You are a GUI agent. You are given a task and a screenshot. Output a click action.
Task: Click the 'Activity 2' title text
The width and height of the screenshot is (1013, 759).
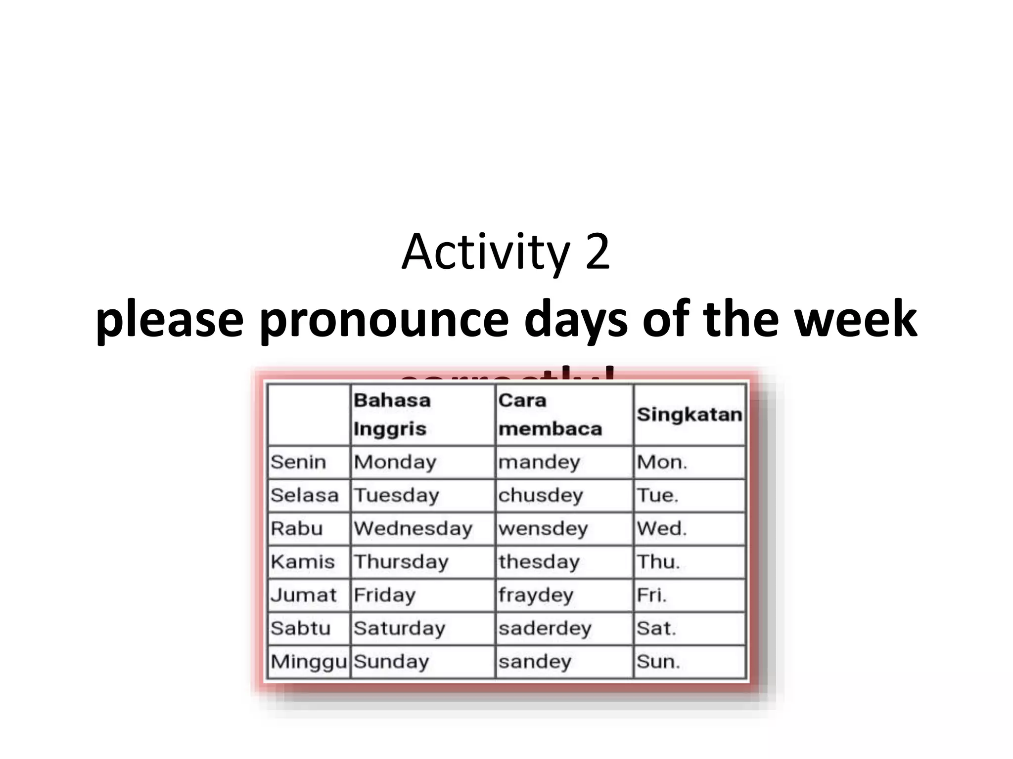pos(506,253)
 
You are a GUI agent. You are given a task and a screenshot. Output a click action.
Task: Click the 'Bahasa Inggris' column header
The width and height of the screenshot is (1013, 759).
pos(392,414)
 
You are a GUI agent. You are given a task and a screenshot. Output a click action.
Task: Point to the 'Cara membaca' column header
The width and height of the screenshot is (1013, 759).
pos(550,414)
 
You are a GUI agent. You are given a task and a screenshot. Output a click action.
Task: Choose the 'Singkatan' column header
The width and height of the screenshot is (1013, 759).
pos(689,415)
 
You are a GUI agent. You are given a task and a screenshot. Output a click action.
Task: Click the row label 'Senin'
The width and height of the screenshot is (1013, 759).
pos(298,463)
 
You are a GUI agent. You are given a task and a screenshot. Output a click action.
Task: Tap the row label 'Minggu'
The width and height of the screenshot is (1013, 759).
pos(309,662)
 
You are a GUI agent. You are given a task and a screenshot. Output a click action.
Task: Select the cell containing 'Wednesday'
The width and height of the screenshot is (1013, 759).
pos(413,529)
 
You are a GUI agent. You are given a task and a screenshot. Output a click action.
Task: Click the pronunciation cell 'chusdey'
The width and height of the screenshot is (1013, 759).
pos(540,496)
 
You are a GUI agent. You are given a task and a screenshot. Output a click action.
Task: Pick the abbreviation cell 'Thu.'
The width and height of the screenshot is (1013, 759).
pos(658,562)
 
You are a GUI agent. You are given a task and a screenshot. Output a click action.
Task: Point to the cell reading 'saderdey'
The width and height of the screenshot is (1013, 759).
pos(545,629)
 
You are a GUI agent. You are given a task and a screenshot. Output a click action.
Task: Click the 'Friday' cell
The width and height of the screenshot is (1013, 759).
pos(384,595)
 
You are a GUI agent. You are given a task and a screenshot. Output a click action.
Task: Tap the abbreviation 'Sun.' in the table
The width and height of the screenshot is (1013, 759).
pos(658,662)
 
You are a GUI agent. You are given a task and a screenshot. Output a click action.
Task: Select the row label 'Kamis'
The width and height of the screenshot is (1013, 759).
pos(303,562)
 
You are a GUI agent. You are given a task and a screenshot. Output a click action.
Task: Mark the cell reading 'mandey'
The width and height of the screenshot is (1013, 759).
pos(539,463)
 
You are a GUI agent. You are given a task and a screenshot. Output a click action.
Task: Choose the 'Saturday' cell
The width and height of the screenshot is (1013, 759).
pos(399,629)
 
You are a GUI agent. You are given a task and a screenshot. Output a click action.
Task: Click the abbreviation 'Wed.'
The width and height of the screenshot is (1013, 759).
pos(661,529)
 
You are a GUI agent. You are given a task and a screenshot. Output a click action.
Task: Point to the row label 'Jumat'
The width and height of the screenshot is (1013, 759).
pos(303,595)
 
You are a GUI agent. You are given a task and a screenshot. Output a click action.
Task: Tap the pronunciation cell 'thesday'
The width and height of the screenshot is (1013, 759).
pos(539,562)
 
